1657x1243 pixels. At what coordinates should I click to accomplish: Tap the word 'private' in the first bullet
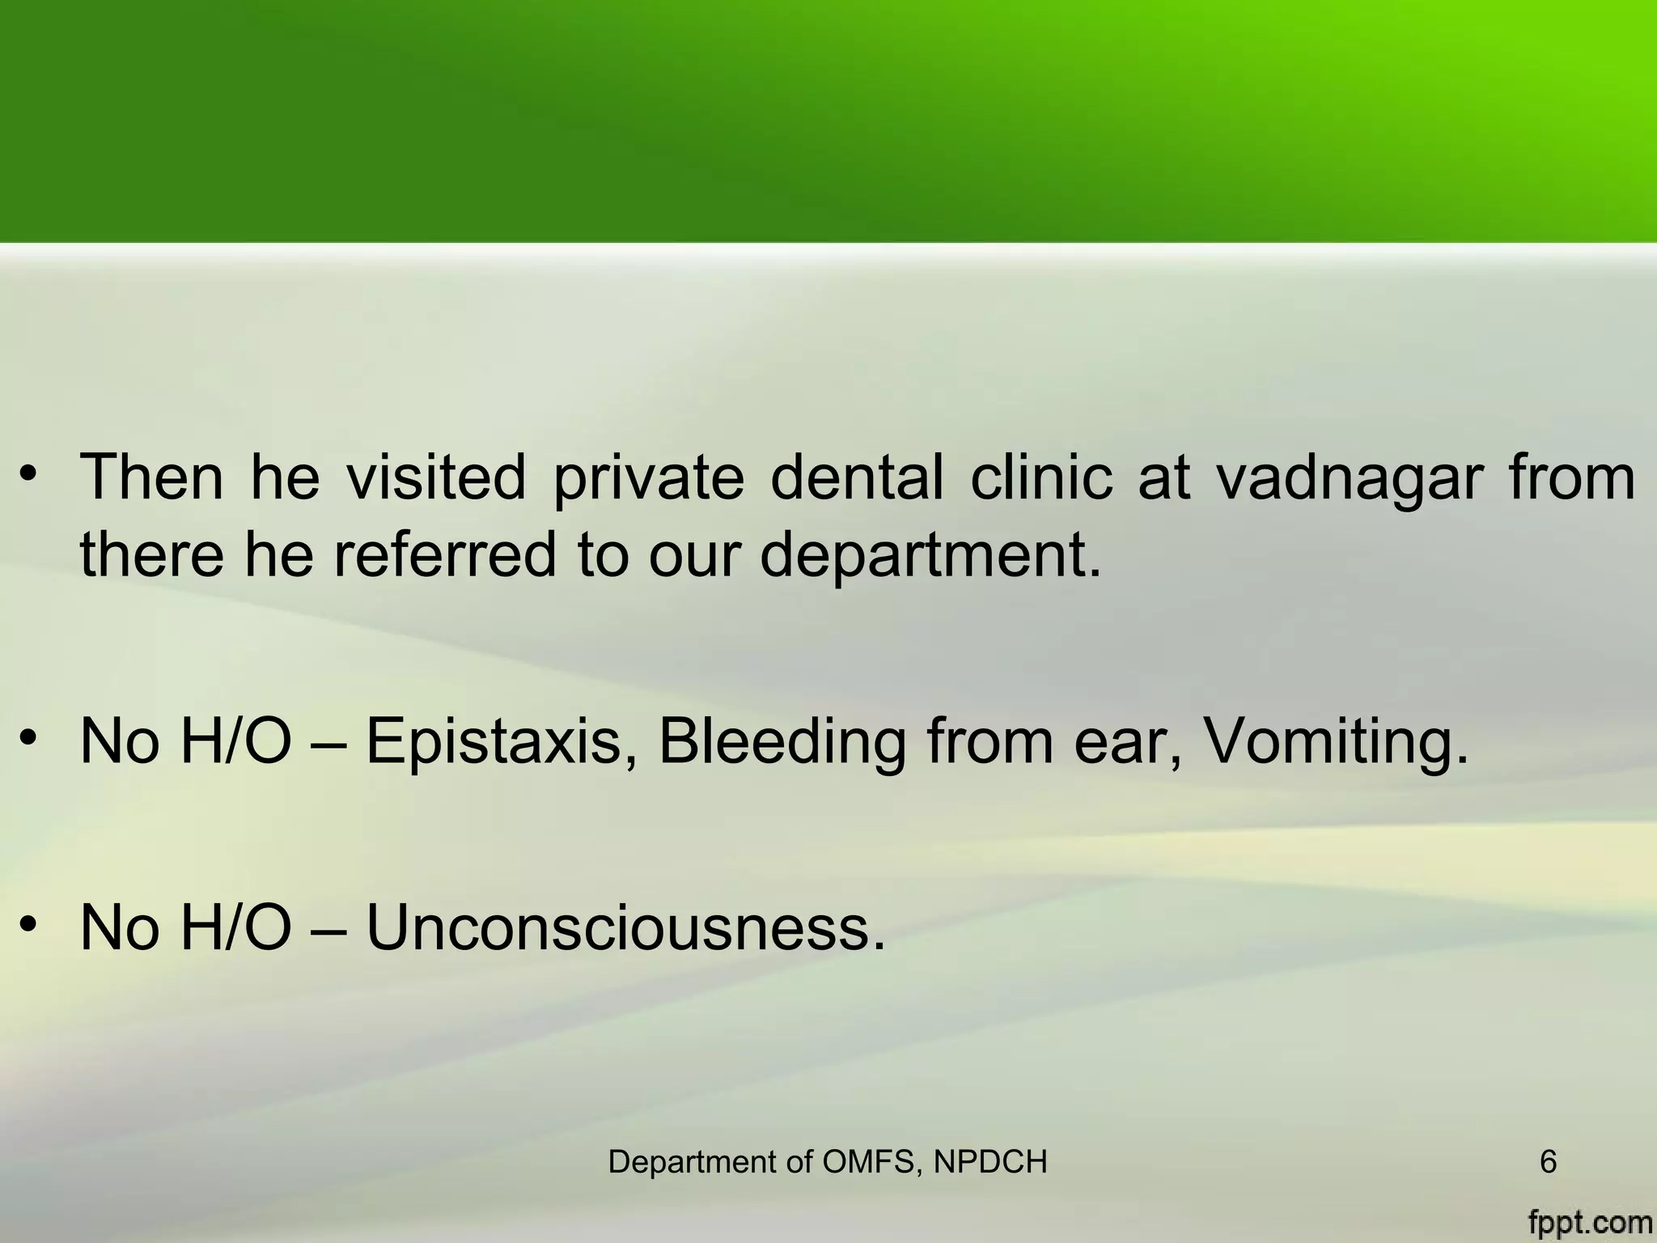[x=648, y=479]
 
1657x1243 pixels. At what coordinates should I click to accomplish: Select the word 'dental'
[x=857, y=477]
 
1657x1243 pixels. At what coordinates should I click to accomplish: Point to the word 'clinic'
[x=1042, y=477]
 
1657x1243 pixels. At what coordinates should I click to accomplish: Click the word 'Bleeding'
[x=782, y=743]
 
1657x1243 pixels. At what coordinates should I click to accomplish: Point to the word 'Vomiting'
[x=1335, y=743]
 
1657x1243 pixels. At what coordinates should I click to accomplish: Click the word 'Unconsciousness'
[x=626, y=927]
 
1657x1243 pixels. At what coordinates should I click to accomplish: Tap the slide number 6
[x=1548, y=1162]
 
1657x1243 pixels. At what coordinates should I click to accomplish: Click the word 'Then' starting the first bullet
[x=151, y=477]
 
